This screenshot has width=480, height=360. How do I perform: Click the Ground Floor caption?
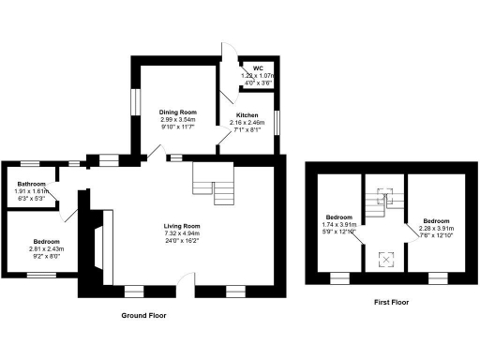pyautogui.click(x=143, y=316)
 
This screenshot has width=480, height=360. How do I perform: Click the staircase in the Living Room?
pyautogui.click(x=213, y=182)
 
